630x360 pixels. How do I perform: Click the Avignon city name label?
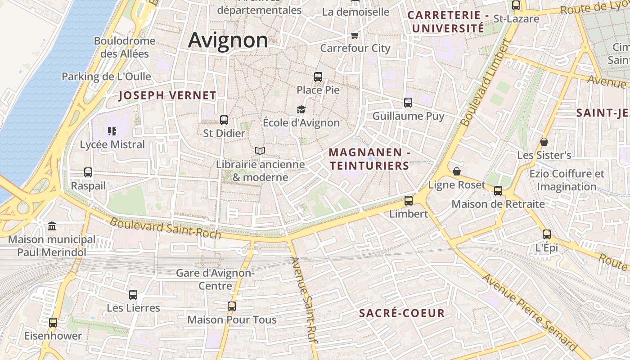click(x=228, y=40)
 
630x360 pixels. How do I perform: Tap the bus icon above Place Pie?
click(x=318, y=77)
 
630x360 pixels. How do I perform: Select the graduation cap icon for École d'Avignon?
click(x=301, y=109)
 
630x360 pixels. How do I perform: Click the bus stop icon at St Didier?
click(x=224, y=120)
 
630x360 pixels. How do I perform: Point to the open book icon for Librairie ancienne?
click(x=260, y=151)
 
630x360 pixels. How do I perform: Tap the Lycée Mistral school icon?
click(x=112, y=131)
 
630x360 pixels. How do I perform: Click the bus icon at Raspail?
click(x=88, y=172)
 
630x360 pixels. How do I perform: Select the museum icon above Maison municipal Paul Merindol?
click(x=52, y=226)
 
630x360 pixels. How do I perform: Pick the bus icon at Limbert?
click(x=409, y=201)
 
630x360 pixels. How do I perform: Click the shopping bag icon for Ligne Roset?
click(x=457, y=171)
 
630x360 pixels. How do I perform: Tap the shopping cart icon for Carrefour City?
click(x=355, y=35)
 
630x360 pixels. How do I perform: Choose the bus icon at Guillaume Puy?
click(x=408, y=103)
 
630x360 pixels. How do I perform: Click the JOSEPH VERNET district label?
click(x=167, y=95)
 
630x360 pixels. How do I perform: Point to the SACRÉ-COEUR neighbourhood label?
click(x=402, y=313)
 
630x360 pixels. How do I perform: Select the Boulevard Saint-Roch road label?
click(x=166, y=228)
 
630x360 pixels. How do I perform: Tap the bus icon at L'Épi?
click(x=547, y=234)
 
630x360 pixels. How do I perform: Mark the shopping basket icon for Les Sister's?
click(x=544, y=142)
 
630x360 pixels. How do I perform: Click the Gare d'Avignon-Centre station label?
click(x=216, y=279)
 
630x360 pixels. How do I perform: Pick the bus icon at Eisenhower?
click(x=53, y=323)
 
